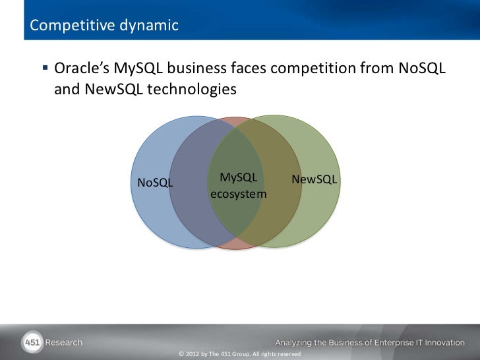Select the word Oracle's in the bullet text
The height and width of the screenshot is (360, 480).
click(x=83, y=68)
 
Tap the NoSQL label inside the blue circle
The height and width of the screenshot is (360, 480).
click(x=155, y=183)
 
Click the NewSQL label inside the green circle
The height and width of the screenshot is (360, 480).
click(x=315, y=180)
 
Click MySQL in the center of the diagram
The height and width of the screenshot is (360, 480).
click(x=239, y=178)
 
